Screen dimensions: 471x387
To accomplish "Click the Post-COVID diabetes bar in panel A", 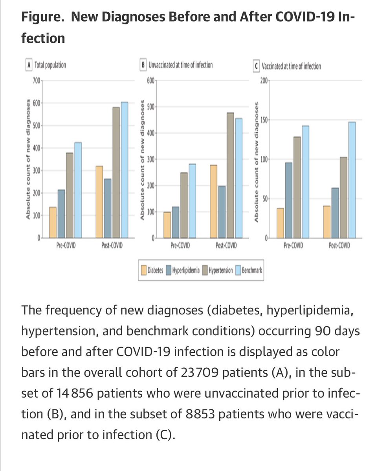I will [99, 202].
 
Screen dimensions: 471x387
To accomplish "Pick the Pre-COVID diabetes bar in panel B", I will [167, 225].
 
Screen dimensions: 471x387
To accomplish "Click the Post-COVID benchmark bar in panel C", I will [352, 180].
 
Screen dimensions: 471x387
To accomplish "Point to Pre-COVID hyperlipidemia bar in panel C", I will [288, 201].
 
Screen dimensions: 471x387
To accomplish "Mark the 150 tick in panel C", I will [263, 120].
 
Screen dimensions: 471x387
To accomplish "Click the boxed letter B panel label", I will [143, 66].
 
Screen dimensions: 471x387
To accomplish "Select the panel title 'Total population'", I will [51, 66].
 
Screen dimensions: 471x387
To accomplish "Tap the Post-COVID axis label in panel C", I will [339, 246].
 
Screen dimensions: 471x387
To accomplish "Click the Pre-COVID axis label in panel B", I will [180, 246].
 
